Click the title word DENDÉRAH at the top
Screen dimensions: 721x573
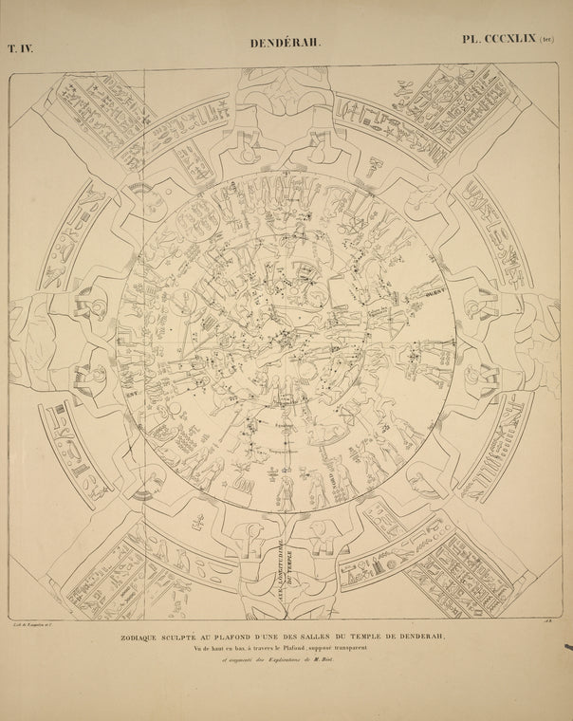click(x=286, y=43)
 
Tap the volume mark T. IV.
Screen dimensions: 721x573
click(x=20, y=46)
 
